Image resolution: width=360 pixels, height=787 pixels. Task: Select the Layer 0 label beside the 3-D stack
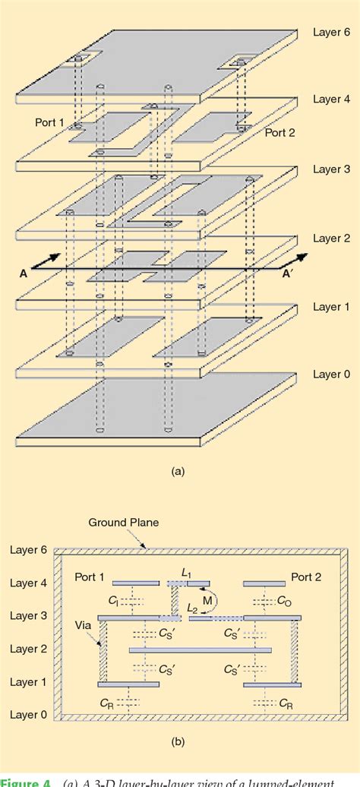coord(330,375)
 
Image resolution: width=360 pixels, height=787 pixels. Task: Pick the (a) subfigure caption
coord(178,471)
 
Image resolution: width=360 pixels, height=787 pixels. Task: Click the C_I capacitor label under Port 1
coord(112,600)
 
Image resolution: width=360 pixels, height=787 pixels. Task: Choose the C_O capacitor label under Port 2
coord(283,600)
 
